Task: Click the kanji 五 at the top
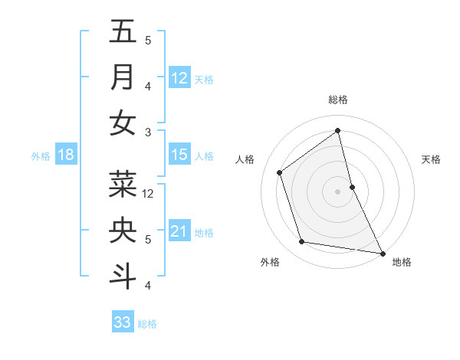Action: pos(123,32)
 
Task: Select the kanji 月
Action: pos(123,77)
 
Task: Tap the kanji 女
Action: pos(123,123)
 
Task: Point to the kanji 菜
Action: pos(123,184)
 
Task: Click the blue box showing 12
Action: pos(179,78)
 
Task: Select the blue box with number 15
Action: pos(179,155)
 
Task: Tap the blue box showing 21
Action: pos(179,231)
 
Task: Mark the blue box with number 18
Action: pos(66,155)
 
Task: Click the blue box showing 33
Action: pos(123,322)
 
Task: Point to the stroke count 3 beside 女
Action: pos(148,133)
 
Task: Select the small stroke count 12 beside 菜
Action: pos(149,194)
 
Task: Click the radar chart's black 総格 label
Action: pos(338,100)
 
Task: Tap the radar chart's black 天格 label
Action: pos(431,159)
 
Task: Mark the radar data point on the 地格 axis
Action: pos(382,252)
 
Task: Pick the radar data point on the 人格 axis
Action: pos(280,172)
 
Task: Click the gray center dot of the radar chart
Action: pos(337,191)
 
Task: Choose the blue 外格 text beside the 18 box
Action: pos(41,156)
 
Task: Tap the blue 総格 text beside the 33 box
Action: pos(147,324)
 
